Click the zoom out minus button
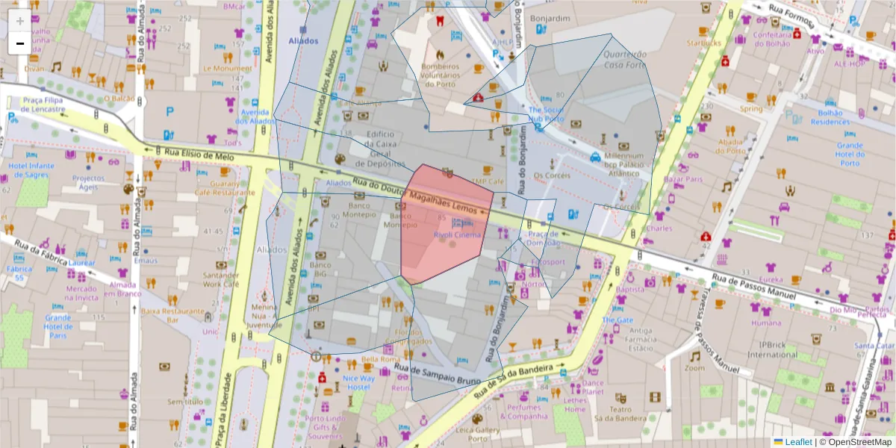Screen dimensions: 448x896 19,43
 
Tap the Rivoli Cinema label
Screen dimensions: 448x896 457,235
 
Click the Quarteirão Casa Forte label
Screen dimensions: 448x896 624,59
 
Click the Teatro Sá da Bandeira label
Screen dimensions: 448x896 619,414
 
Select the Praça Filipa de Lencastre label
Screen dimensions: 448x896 43,104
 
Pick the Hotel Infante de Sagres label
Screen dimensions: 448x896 31,169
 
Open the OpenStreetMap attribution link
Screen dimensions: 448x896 856,442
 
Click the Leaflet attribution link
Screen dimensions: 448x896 797,442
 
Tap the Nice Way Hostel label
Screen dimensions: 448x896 358,382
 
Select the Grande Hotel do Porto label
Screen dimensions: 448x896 850,155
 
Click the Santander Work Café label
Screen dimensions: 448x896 220,279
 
